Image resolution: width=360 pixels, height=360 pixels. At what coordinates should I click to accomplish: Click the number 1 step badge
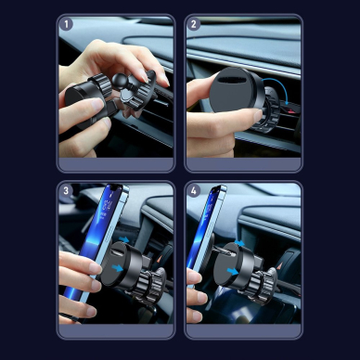click(x=67, y=25)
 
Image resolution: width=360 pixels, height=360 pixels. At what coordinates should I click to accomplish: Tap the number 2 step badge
click(x=194, y=25)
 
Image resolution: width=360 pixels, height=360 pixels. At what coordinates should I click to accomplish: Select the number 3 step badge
click(x=67, y=192)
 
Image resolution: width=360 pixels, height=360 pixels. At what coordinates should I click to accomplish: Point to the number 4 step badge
click(x=194, y=192)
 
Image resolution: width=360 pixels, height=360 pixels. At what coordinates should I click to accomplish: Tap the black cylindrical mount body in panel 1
click(x=82, y=100)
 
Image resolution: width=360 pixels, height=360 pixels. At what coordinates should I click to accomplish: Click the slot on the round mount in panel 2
click(x=236, y=90)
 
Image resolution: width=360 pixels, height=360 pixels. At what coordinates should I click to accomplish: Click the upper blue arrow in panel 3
click(x=123, y=239)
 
